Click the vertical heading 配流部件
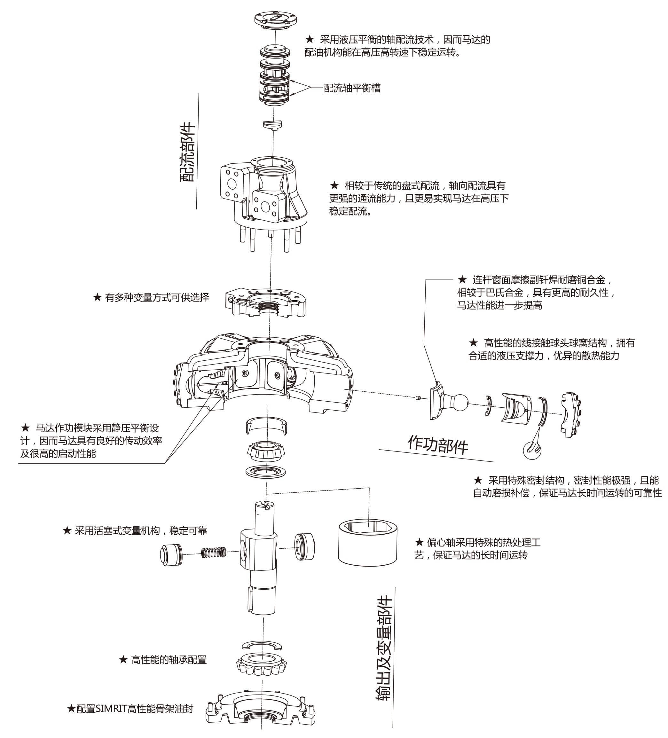(187, 152)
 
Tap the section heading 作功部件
(438, 444)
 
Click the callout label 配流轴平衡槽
(352, 88)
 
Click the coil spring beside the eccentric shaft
(213, 553)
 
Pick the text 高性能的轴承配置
(169, 660)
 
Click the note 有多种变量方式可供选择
(157, 298)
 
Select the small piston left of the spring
(171, 555)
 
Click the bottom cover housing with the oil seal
(261, 711)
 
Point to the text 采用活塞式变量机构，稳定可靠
(141, 531)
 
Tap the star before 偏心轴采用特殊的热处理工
(419, 542)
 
